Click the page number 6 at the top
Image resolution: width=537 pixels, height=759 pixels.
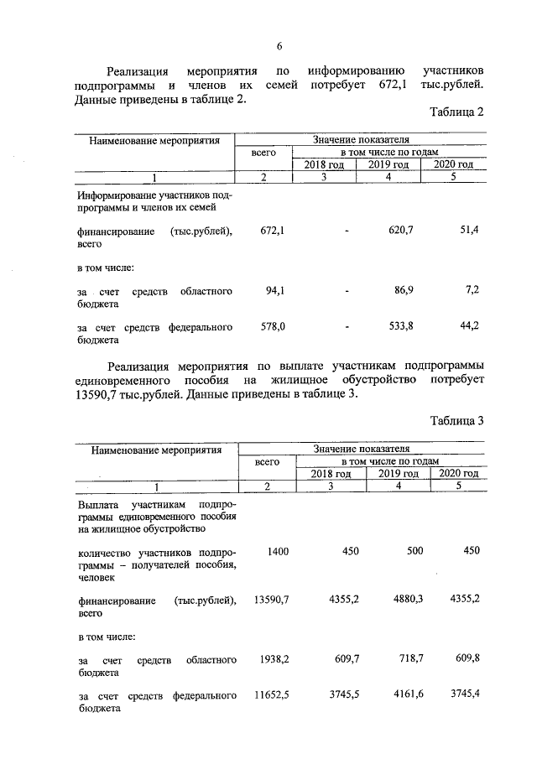(x=279, y=45)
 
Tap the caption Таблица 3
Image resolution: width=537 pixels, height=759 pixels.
(x=457, y=421)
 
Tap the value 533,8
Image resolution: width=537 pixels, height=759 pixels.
(x=397, y=326)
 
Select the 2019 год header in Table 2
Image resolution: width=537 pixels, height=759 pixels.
(x=388, y=164)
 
